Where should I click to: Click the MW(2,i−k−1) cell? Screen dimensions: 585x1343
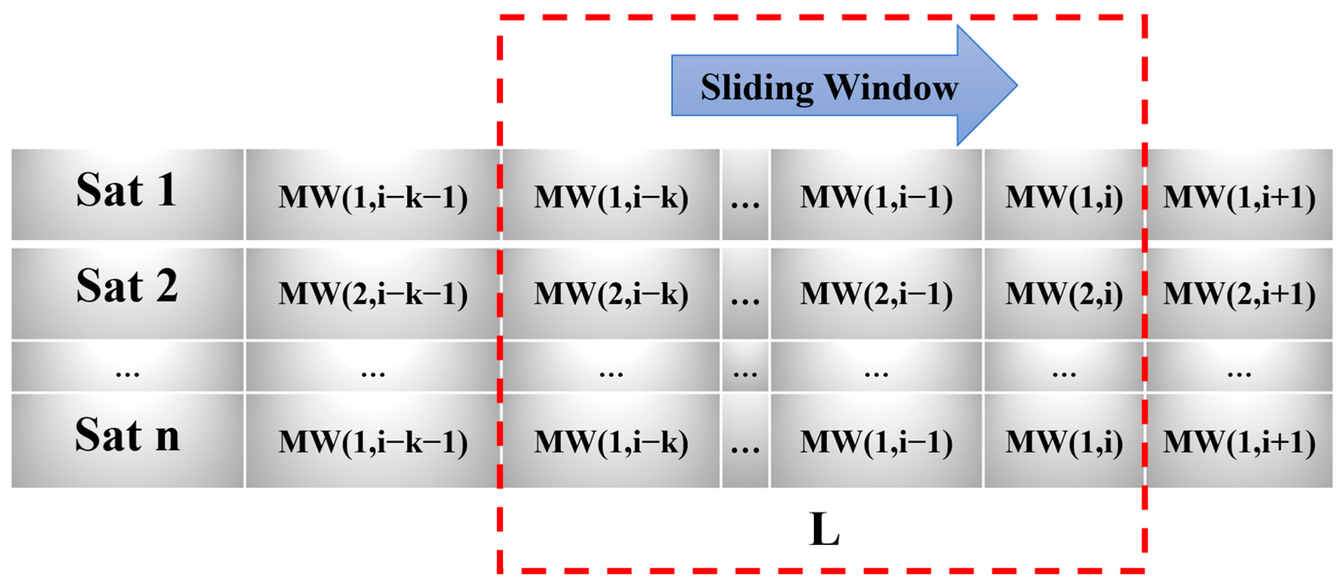[373, 293]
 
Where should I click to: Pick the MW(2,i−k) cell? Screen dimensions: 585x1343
[611, 293]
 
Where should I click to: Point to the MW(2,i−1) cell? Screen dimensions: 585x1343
[876, 293]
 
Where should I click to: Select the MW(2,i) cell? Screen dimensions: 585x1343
[1063, 293]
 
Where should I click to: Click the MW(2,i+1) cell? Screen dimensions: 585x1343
[1239, 293]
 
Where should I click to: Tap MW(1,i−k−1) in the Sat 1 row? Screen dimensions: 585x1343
[373, 197]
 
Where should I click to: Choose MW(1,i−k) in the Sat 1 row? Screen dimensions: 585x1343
[611, 197]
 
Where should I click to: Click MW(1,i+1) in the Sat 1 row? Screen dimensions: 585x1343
[1239, 197]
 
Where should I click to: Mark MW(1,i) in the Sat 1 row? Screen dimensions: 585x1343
[1063, 197]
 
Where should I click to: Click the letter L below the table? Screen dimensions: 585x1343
[824, 529]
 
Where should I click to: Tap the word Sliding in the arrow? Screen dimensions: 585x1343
[756, 87]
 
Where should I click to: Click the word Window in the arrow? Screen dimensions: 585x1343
[892, 87]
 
